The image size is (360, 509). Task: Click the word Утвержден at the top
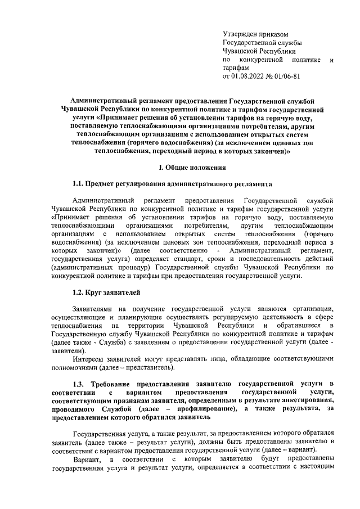click(x=239, y=34)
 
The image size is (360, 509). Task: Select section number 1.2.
click(x=78, y=292)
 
